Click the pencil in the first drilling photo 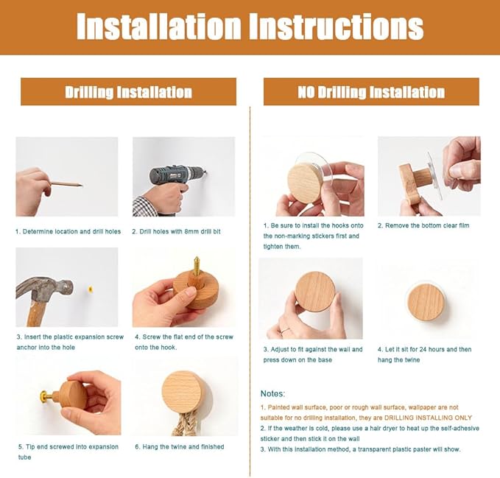(x=66, y=184)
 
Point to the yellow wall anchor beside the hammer (x=91, y=289)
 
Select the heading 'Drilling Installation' (x=129, y=92)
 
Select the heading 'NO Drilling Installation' (x=371, y=92)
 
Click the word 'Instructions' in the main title (x=337, y=27)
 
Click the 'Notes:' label (x=273, y=393)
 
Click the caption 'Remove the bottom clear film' (x=427, y=225)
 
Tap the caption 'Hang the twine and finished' (x=183, y=447)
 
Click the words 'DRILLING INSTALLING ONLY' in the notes (x=428, y=418)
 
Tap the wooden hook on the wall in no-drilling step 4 (x=426, y=302)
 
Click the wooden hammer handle (x=35, y=314)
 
